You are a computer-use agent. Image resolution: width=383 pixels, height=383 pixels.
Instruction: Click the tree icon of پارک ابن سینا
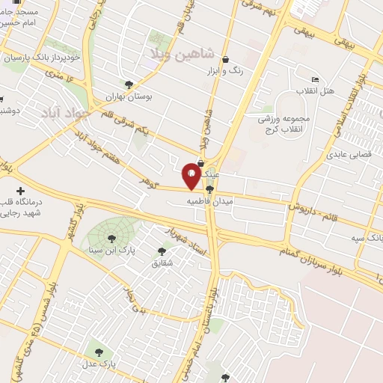point(111,239)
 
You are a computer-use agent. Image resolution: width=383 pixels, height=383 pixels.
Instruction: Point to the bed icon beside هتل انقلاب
point(314,79)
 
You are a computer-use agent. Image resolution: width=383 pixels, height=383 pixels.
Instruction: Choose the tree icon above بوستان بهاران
point(129,85)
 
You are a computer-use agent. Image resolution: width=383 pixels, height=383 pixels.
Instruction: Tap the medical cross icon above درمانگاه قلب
point(20,191)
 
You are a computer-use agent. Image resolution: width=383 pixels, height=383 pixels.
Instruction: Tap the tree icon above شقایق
point(162,251)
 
